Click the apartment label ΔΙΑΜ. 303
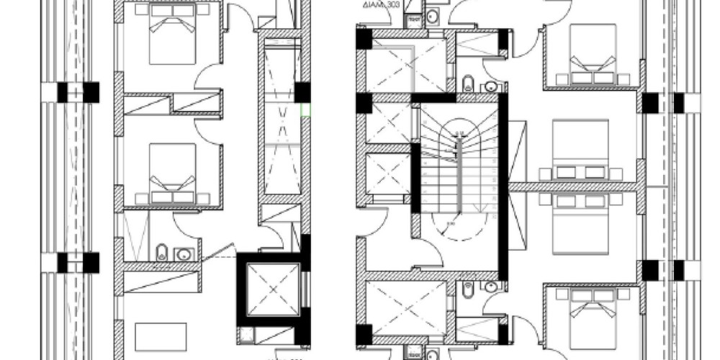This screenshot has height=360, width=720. click(382, 5)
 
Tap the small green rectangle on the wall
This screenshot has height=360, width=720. click(305, 109)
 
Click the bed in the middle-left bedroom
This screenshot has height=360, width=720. click(173, 173)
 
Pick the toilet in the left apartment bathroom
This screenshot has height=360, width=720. click(162, 252)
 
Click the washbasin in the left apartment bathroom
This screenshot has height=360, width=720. click(184, 253)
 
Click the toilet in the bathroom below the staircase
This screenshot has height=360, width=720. click(467, 288)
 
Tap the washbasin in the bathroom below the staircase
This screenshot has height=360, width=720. click(491, 287)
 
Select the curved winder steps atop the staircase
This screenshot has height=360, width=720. click(459, 130)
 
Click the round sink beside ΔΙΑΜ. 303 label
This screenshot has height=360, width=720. click(432, 16)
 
